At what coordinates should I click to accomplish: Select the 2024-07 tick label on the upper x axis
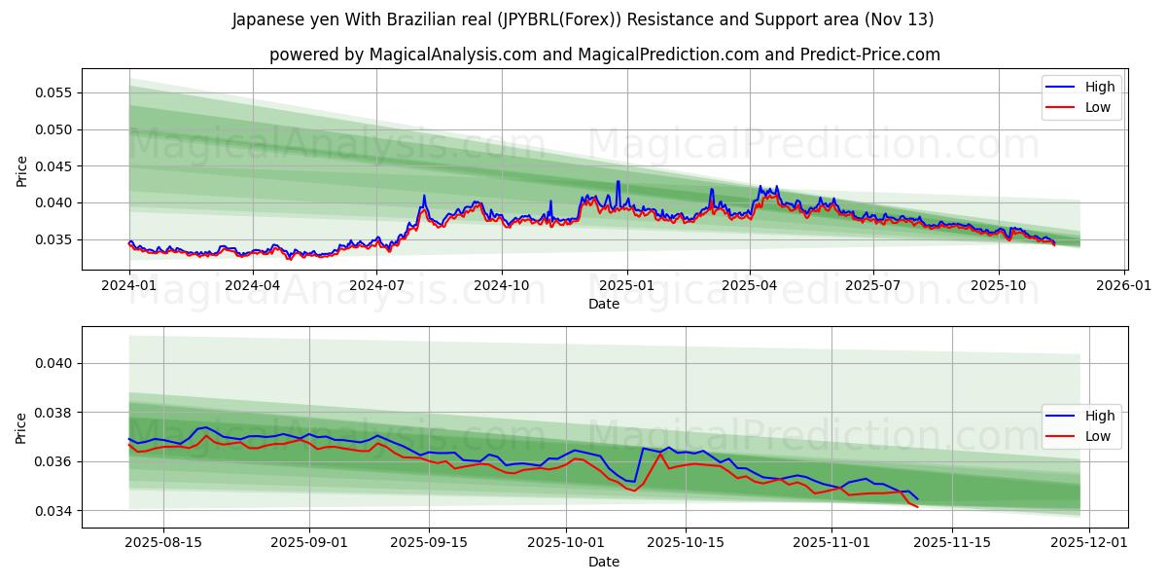pyautogui.click(x=377, y=286)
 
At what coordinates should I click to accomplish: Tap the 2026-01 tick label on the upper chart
pyautogui.click(x=1124, y=286)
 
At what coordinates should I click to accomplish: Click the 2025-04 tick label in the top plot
pyautogui.click(x=750, y=286)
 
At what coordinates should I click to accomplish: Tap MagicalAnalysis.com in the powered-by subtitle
pyautogui.click(x=452, y=55)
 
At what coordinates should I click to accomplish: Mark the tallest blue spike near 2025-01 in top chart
pyautogui.click(x=618, y=182)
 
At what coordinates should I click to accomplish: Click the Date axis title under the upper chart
pyautogui.click(x=603, y=304)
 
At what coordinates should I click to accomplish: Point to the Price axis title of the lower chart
pyautogui.click(x=22, y=427)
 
